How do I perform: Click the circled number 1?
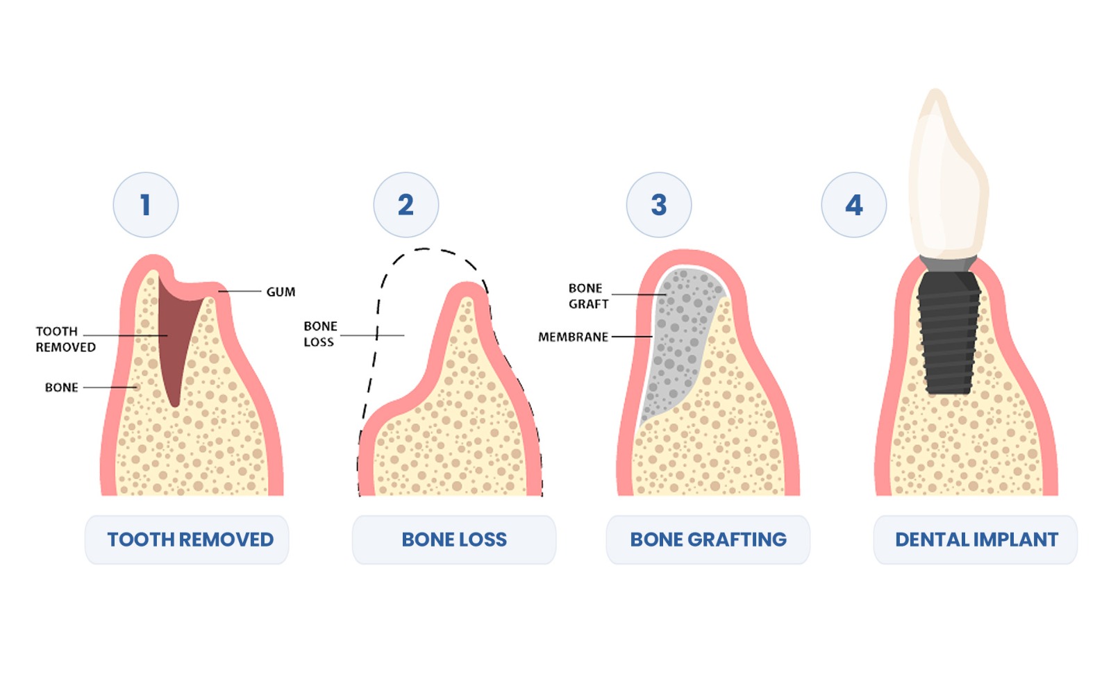(145, 205)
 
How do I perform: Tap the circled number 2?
(406, 205)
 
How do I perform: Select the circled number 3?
(658, 205)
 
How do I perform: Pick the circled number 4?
(853, 205)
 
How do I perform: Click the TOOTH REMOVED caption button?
(187, 540)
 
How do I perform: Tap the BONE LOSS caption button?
(453, 540)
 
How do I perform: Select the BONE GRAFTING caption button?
(708, 540)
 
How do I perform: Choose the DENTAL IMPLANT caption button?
(976, 540)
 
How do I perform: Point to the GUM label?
(281, 292)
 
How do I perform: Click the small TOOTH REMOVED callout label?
(65, 340)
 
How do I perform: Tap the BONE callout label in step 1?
(61, 387)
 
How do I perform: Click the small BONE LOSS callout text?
(320, 334)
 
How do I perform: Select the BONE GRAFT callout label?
(588, 296)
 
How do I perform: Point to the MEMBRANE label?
(573, 337)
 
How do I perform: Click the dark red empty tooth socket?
(175, 333)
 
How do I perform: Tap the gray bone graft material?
(677, 333)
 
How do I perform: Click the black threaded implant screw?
(949, 333)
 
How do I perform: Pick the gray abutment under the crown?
(948, 263)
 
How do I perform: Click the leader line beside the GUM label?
(240, 292)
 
